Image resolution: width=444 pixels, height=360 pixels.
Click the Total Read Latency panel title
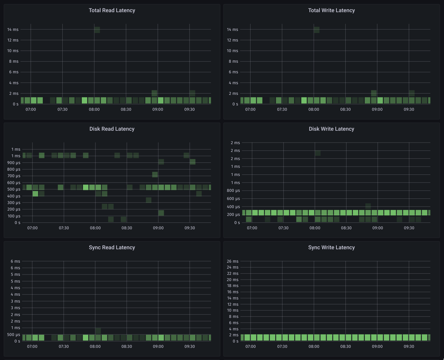tap(112, 10)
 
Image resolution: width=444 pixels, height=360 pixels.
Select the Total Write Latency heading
tap(331, 10)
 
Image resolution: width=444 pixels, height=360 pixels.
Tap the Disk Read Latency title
tap(112, 129)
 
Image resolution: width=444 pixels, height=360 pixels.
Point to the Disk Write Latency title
tap(331, 129)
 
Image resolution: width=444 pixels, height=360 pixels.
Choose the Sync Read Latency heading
tap(112, 247)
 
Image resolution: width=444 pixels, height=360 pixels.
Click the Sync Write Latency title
tap(331, 247)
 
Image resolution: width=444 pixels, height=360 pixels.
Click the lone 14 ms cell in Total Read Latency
tap(97, 30)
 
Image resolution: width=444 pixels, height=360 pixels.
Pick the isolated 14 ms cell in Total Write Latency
tap(317, 30)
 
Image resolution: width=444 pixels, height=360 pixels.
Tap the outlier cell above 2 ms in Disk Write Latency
tap(318, 153)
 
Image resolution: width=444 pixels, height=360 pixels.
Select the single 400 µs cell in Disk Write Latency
tap(368, 206)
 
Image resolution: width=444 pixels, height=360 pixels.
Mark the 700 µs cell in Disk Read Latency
tap(155, 174)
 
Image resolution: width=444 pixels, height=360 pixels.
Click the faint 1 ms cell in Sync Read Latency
tap(98, 331)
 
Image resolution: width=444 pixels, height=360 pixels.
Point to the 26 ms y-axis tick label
tap(232, 261)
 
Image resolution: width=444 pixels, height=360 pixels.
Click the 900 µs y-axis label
tap(14, 163)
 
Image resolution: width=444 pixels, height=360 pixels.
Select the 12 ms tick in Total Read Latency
tap(13, 40)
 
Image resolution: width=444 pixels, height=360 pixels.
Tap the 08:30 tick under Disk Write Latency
tap(346, 228)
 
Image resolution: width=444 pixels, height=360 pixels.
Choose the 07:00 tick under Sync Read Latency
tap(32, 346)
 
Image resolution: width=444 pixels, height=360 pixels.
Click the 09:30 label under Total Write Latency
tap(409, 109)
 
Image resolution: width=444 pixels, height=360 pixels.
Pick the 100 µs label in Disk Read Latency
tap(14, 216)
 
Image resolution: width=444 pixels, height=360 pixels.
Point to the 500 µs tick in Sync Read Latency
tap(13, 334)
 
